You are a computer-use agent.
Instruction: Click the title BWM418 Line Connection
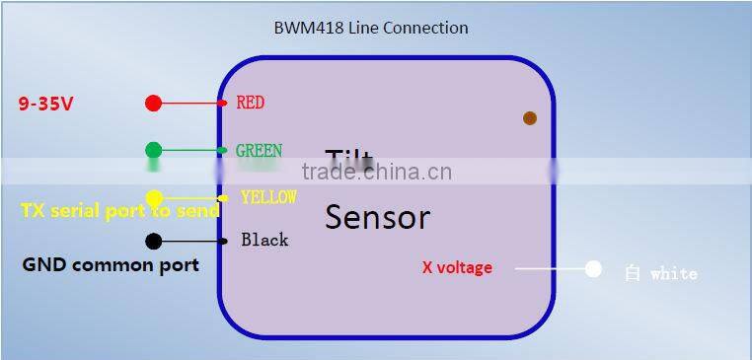(x=370, y=28)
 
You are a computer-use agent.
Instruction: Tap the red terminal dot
(x=153, y=103)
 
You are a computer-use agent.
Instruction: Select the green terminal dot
(x=154, y=150)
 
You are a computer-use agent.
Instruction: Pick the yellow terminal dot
(x=154, y=198)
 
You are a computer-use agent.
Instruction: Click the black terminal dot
(x=153, y=241)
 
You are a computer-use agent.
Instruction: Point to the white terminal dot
(x=593, y=268)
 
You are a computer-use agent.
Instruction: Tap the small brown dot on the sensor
(x=530, y=118)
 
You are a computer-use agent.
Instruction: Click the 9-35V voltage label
(x=45, y=103)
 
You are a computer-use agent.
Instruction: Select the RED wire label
(x=250, y=103)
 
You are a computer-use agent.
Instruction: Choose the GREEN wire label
(x=259, y=151)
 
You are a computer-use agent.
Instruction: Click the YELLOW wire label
(x=268, y=197)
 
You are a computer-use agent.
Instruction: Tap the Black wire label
(x=264, y=240)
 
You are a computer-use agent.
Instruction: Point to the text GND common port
(x=111, y=264)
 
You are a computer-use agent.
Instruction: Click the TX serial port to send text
(x=119, y=211)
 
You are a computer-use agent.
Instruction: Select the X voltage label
(x=457, y=267)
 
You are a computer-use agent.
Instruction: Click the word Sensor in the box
(x=377, y=217)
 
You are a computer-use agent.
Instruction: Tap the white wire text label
(x=660, y=273)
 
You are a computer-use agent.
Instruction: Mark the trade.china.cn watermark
(x=377, y=172)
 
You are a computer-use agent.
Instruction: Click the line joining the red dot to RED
(x=193, y=103)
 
